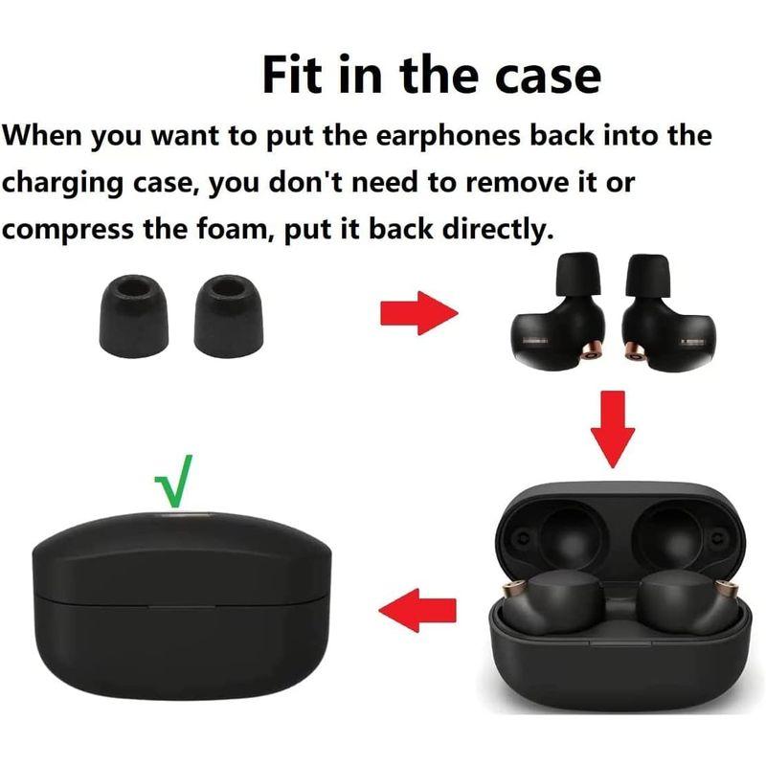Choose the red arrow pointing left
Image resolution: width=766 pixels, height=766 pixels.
pos(417,610)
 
